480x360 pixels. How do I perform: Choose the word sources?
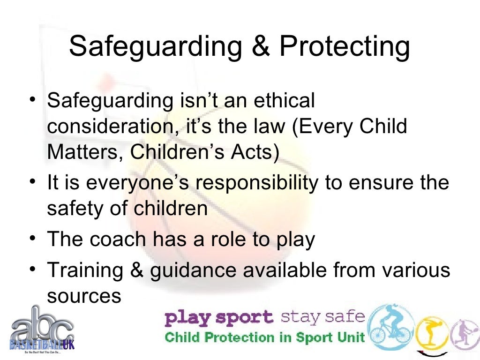click(84, 296)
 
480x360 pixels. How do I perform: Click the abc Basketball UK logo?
click(41, 330)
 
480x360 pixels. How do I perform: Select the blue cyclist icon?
click(390, 326)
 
